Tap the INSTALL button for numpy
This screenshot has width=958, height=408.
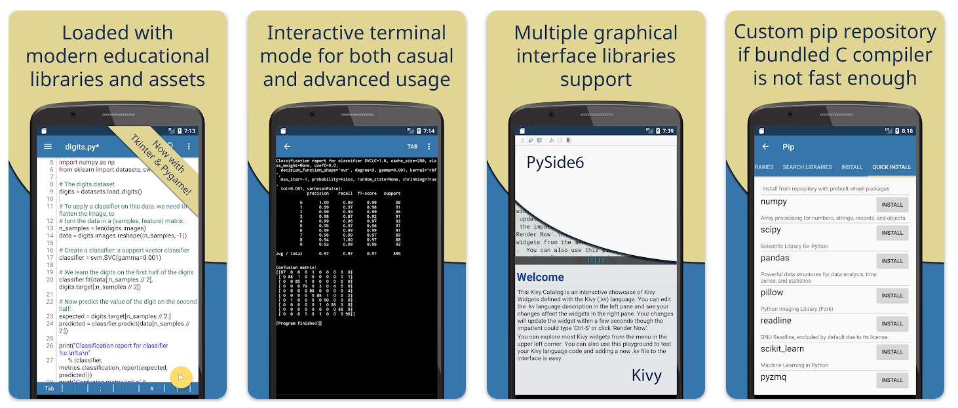coord(892,205)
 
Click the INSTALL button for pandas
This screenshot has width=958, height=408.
coord(892,261)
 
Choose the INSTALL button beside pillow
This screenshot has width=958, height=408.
coord(892,296)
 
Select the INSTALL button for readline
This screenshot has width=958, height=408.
coord(892,323)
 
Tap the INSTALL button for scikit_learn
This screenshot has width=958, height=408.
coord(892,352)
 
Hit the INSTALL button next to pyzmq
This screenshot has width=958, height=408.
coord(892,380)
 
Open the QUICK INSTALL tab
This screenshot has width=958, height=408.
coord(891,167)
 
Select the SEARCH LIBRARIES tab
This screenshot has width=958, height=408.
coord(807,167)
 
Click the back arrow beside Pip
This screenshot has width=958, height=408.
coord(765,147)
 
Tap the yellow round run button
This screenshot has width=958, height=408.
coord(181,377)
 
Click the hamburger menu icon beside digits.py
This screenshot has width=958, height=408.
coord(47,146)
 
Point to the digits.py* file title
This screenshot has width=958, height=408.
coord(82,147)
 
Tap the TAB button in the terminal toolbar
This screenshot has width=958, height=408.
coord(412,147)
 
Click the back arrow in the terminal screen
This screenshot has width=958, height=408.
coord(287,147)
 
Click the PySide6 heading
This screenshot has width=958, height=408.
coord(555,162)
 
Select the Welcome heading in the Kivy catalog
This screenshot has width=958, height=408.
coord(541,277)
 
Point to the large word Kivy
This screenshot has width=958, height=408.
coord(646,375)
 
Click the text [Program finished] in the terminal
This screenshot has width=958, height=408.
coord(298,323)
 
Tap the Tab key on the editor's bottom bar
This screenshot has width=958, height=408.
coord(49,389)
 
